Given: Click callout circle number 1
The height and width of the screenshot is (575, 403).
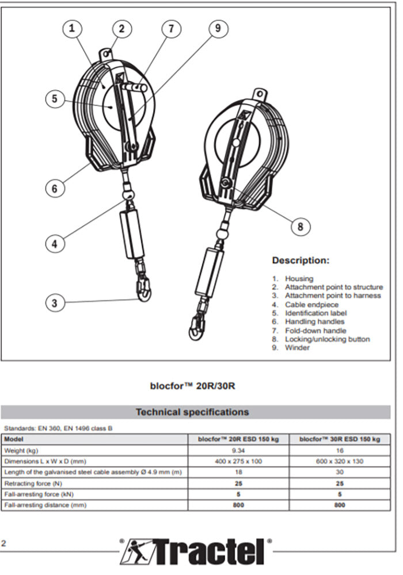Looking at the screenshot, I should pyautogui.click(x=72, y=28).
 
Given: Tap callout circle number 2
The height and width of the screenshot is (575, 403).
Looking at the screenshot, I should pyautogui.click(x=121, y=28).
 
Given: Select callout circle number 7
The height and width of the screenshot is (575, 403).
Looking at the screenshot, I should pyautogui.click(x=171, y=28).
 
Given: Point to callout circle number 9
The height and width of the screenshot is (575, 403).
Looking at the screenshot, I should pyautogui.click(x=218, y=28).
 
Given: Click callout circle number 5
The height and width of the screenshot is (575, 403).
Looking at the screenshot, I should pyautogui.click(x=55, y=99).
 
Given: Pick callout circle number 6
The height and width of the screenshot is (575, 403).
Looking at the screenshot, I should pyautogui.click(x=55, y=187).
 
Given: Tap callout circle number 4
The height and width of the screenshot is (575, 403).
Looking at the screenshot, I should pyautogui.click(x=55, y=243).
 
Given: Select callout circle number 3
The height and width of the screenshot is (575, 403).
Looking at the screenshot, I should pyautogui.click(x=55, y=303).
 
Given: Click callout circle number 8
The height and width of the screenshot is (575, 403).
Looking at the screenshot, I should pyautogui.click(x=300, y=226).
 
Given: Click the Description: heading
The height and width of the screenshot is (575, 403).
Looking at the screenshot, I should pyautogui.click(x=301, y=260).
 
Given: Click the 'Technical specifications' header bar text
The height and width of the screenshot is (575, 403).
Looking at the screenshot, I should pyautogui.click(x=192, y=412).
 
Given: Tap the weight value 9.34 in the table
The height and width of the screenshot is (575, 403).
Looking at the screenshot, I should pyautogui.click(x=238, y=450).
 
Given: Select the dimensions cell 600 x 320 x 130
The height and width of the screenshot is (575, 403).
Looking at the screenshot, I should pyautogui.click(x=340, y=461).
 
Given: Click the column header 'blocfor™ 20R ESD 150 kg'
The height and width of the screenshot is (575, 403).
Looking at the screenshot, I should pyautogui.click(x=238, y=439).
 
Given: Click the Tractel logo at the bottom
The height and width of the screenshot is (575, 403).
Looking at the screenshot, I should pyautogui.click(x=196, y=553).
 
